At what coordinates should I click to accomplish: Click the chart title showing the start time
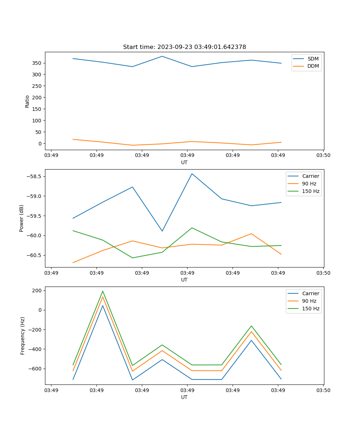click(184, 47)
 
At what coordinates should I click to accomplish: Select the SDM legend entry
click(313, 59)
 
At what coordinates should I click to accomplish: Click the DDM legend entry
click(313, 66)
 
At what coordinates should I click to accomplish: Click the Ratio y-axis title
click(27, 101)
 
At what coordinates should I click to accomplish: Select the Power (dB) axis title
click(22, 218)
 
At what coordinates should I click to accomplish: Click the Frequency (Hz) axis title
click(22, 336)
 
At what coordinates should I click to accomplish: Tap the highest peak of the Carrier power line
click(192, 174)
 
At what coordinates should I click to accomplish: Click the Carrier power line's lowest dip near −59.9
click(162, 231)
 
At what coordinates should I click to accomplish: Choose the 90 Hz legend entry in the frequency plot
click(309, 301)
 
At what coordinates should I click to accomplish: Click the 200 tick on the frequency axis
click(38, 291)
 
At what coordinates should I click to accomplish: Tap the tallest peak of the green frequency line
click(103, 291)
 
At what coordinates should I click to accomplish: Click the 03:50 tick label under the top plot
click(323, 156)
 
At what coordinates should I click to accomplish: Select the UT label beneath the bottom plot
click(184, 397)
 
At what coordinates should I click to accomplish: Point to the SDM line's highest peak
click(162, 56)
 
